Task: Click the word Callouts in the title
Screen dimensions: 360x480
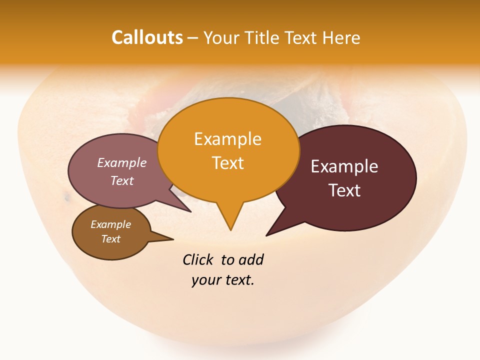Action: click(x=147, y=37)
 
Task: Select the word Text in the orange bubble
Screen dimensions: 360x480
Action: click(x=227, y=162)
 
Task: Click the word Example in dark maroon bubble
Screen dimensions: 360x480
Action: click(x=344, y=166)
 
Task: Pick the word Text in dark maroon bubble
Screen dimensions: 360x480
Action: click(x=345, y=190)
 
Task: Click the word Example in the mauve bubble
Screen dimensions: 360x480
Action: click(x=122, y=162)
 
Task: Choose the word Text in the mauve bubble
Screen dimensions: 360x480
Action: click(x=122, y=180)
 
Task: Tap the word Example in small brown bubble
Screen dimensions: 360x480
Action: click(x=110, y=224)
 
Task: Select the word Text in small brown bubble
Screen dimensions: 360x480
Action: click(x=110, y=239)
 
